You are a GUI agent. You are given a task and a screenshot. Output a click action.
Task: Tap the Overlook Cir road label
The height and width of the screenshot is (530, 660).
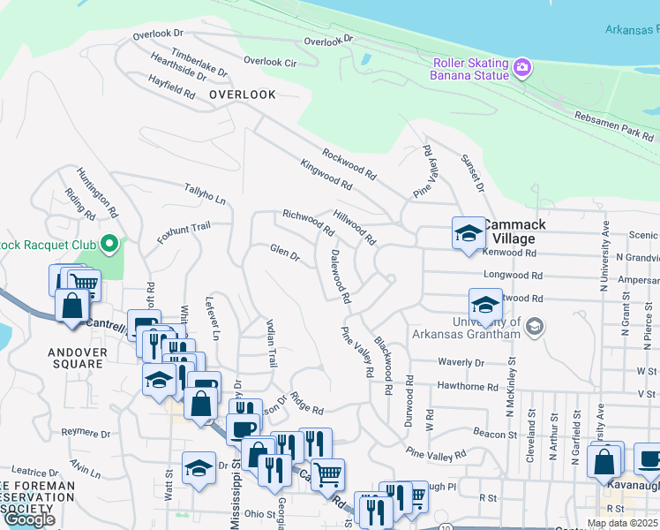pos(270,62)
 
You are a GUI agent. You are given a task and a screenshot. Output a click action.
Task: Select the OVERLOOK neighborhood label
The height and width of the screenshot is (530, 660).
pos(243,95)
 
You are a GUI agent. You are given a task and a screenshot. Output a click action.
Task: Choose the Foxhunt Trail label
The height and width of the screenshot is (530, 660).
pos(184,232)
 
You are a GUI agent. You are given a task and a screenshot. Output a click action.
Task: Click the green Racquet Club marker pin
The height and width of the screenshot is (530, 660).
pos(109,242)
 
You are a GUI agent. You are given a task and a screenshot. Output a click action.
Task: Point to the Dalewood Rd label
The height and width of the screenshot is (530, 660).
pos(341,276)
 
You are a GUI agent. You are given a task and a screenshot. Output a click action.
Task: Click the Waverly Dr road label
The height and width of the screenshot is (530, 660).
pos(461,362)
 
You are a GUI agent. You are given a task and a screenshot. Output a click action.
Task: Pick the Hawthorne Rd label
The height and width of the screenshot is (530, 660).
pos(468,387)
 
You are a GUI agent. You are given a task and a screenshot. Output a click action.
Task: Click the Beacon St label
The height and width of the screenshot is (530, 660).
pos(495,435)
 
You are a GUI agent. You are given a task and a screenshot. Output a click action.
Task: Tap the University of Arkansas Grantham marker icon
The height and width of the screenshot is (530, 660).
pos(533,328)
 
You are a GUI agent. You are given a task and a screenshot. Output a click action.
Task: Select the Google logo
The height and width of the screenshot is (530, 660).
pos(29,519)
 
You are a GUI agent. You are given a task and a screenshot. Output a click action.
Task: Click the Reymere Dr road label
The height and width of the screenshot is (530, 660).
pos(86,434)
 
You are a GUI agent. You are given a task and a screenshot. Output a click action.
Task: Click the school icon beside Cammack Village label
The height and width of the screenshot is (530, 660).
pos(469,234)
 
